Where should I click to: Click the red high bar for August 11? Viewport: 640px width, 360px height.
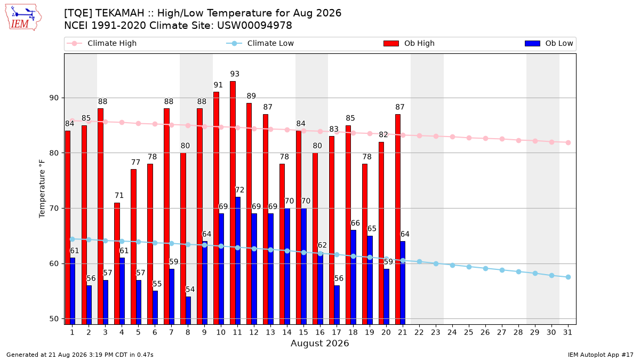(233, 203)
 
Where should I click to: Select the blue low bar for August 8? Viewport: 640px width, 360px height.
(188, 310)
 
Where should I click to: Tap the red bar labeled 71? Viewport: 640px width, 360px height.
(117, 263)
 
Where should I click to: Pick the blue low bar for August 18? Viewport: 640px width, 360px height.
(354, 277)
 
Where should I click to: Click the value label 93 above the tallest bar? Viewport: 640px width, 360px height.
(235, 74)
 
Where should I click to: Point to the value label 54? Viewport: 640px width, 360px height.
(190, 290)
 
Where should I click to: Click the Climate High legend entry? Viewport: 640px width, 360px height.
(102, 43)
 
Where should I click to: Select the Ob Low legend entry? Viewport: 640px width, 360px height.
(549, 43)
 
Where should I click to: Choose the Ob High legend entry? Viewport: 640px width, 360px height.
(409, 43)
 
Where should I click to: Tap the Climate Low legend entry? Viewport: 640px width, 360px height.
(260, 43)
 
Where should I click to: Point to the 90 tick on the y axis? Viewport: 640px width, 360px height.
(54, 98)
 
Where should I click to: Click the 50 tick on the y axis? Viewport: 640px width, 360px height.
(54, 319)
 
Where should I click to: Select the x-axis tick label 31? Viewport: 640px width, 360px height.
(567, 333)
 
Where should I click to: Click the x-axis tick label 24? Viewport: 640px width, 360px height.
(452, 333)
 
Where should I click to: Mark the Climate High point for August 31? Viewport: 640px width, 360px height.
(568, 142)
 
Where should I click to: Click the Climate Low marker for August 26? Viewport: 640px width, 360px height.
(485, 269)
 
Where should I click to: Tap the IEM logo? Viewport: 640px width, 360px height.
(23, 18)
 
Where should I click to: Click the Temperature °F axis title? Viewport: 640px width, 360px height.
(42, 189)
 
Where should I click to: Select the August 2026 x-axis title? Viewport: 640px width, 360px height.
(319, 343)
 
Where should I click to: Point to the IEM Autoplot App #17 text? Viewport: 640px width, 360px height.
(601, 355)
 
